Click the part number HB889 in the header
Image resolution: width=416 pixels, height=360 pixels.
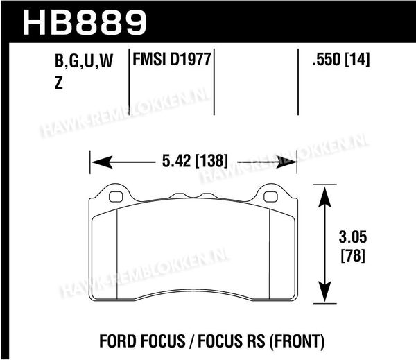pos(85,23)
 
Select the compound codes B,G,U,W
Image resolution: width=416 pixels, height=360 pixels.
pos(84,61)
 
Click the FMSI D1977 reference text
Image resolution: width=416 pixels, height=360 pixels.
pos(172,59)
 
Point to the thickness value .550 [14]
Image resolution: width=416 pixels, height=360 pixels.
pos(341,59)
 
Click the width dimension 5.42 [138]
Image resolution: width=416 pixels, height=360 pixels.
pos(195,161)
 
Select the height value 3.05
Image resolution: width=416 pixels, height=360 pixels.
pos(353,237)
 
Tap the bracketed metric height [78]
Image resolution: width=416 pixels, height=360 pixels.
pos(353,256)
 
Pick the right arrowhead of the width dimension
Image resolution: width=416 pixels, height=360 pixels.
pos(286,162)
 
